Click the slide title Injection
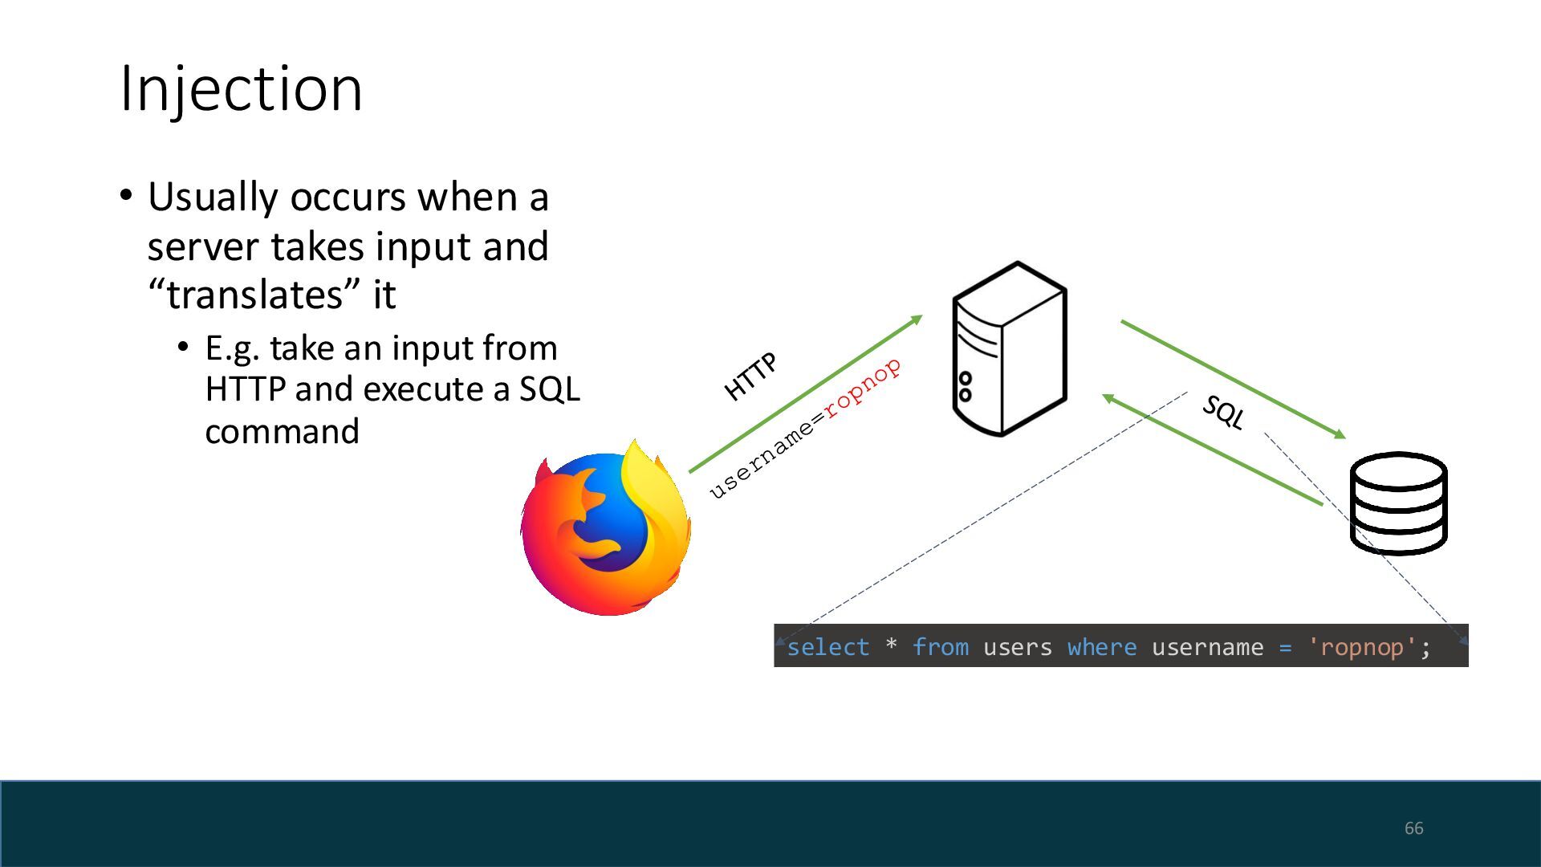click(241, 88)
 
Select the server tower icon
click(1009, 349)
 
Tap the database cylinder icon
click(1398, 503)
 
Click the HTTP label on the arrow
click(750, 376)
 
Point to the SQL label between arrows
click(1223, 413)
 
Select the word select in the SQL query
click(827, 647)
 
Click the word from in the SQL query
click(940, 647)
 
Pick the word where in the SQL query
click(1101, 647)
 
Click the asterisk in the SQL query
click(891, 645)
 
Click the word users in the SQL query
click(1017, 647)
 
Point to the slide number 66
click(1413, 828)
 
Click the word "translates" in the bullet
click(255, 295)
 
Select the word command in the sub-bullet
click(282, 432)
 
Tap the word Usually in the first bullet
click(212, 197)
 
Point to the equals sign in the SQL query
click(1285, 647)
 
